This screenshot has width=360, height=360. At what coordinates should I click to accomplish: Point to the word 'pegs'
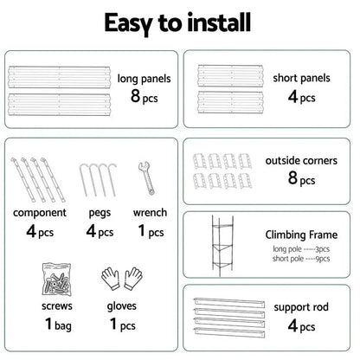coord(95,212)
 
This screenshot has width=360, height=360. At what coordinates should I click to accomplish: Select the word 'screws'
coord(45,305)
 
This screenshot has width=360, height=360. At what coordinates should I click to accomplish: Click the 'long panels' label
coord(144,79)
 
